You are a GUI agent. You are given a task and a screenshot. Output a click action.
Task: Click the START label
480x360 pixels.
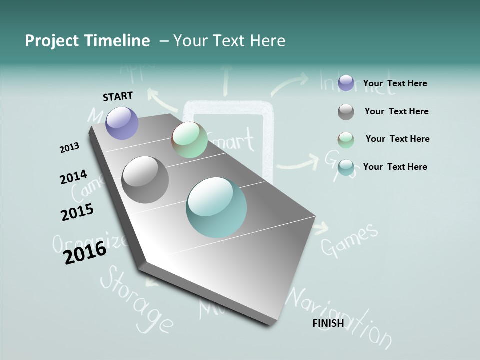tap(118, 96)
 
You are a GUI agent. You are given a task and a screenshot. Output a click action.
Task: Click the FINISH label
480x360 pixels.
tap(328, 323)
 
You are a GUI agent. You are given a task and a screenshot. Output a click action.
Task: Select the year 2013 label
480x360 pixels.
tap(69, 148)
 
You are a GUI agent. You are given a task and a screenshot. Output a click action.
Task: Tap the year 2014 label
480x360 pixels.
tap(73, 177)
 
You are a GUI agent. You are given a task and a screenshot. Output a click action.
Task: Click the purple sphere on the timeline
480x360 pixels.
tap(122, 123)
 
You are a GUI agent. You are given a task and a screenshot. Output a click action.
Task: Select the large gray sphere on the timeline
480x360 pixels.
tap(145, 180)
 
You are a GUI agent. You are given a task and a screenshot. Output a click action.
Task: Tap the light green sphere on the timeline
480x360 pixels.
tap(189, 140)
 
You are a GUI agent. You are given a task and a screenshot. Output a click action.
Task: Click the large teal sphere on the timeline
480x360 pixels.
tap(216, 207)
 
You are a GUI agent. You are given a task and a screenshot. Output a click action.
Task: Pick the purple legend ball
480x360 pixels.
tap(346, 83)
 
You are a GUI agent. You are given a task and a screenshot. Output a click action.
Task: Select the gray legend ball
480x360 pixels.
tap(346, 112)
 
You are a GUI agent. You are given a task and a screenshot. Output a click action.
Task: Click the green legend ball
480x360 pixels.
tap(346, 140)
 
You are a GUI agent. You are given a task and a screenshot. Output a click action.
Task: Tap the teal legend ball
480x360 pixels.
tap(346, 167)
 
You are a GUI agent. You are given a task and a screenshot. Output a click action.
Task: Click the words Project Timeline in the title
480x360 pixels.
tap(87, 41)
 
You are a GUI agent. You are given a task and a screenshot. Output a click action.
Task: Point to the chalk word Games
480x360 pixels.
tap(349, 240)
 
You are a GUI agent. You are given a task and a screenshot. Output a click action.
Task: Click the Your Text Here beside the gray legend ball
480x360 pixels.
tap(396, 111)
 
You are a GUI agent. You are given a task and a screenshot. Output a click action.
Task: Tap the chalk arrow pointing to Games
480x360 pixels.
tap(320, 228)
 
